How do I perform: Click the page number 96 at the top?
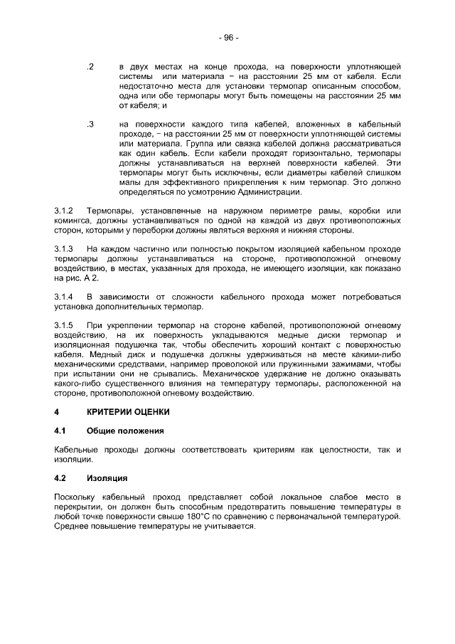coord(228,37)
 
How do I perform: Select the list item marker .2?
coord(90,65)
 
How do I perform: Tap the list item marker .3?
coord(90,124)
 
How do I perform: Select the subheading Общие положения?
coord(124,431)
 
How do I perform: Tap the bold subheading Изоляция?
coord(107,477)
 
